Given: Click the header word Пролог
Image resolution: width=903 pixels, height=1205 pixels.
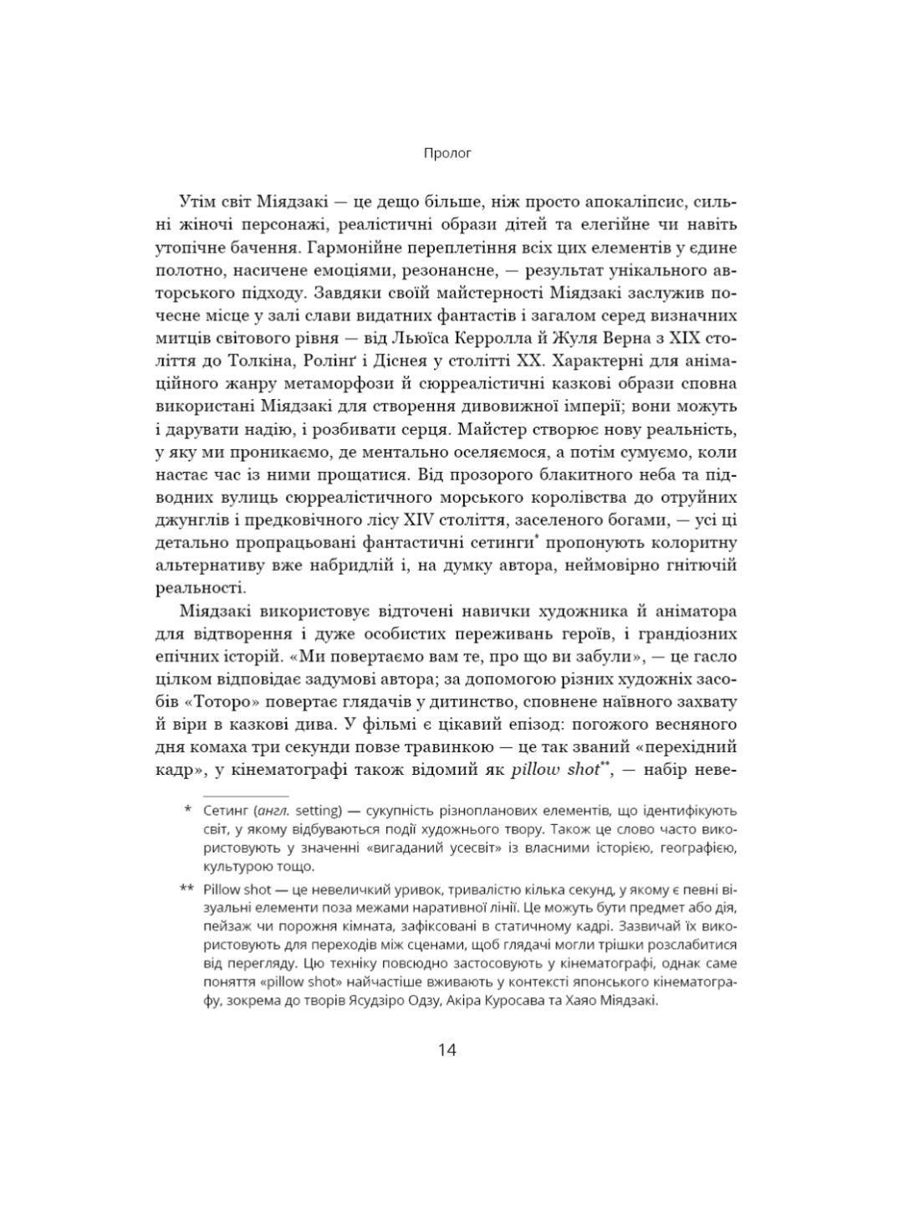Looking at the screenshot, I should (x=447, y=153).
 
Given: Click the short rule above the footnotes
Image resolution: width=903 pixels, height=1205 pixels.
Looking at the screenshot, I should (x=246, y=795).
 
